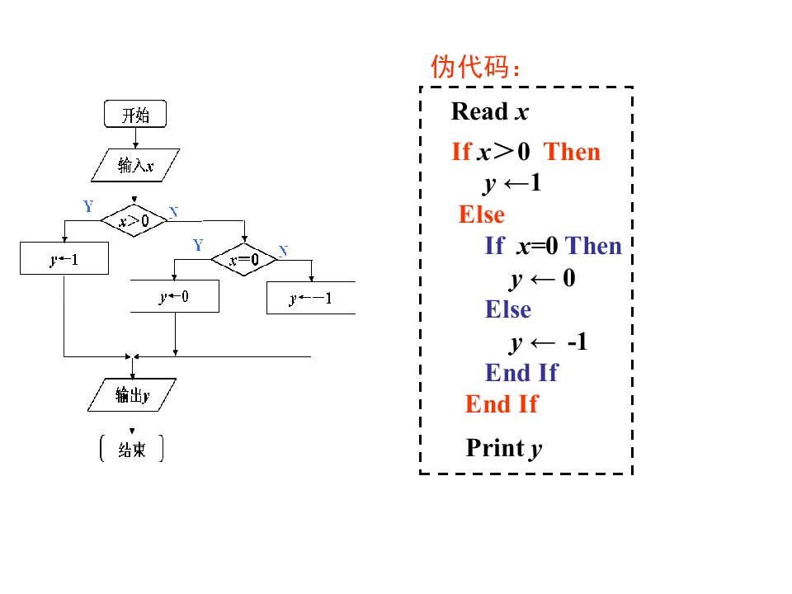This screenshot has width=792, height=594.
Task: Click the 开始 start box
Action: pos(135,115)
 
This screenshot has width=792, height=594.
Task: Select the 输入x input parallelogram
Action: pos(135,165)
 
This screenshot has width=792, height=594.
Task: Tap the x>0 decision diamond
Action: pos(134,220)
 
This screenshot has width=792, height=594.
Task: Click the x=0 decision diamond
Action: pos(244,261)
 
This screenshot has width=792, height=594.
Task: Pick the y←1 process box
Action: pos(64,260)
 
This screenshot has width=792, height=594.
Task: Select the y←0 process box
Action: pos(175,296)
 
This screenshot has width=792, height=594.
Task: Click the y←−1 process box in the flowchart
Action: pos(311,298)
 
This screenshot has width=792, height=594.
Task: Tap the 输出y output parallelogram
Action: pos(132,395)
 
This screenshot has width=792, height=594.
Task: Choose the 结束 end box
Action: pos(132,450)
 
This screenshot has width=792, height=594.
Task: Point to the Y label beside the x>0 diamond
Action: pos(88,206)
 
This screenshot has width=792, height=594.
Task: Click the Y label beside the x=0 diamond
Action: pos(198,245)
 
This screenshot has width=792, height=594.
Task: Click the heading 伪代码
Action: pos(476,67)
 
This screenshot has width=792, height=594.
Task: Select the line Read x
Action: pos(490,111)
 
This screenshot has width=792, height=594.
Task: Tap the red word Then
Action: pos(572,152)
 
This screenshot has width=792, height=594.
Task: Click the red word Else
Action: pos(482,214)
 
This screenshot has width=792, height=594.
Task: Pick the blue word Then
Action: pos(594,246)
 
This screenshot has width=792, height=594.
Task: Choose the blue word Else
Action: pos(508,309)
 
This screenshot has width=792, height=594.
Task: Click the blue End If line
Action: pos(521,373)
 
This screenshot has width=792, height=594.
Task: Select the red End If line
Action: pos(502,404)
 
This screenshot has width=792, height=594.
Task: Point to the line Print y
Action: pos(504,448)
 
